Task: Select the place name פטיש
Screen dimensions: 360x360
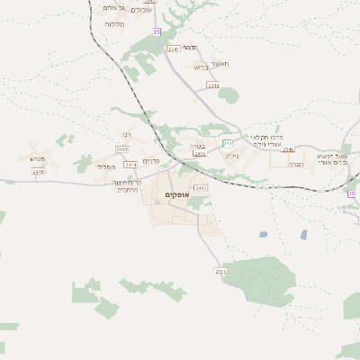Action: [37, 159]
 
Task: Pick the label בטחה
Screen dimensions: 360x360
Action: [197, 146]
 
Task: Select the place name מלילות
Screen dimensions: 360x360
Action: [114, 24]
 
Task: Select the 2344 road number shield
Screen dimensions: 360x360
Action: [212, 85]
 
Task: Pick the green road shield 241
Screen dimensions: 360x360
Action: [228, 143]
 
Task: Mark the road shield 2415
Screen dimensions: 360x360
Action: [122, 148]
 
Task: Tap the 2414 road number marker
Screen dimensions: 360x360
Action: [131, 165]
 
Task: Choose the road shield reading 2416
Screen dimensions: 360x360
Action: [40, 174]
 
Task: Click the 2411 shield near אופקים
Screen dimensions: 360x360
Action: [201, 187]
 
